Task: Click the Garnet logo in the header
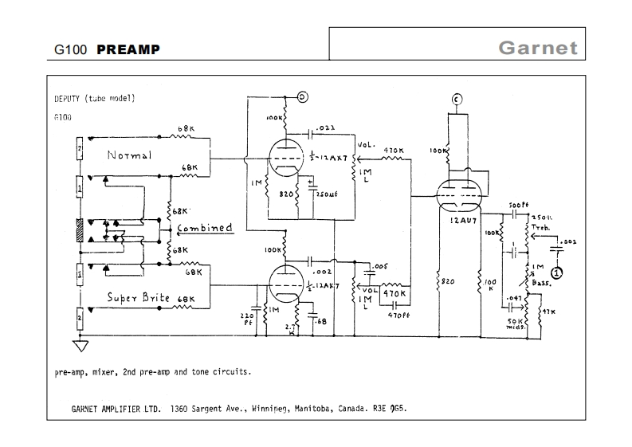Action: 537,47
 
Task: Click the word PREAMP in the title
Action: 128,49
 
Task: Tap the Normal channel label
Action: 129,155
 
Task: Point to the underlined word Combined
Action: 205,228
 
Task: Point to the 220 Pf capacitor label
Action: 246,318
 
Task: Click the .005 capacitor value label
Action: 380,265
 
